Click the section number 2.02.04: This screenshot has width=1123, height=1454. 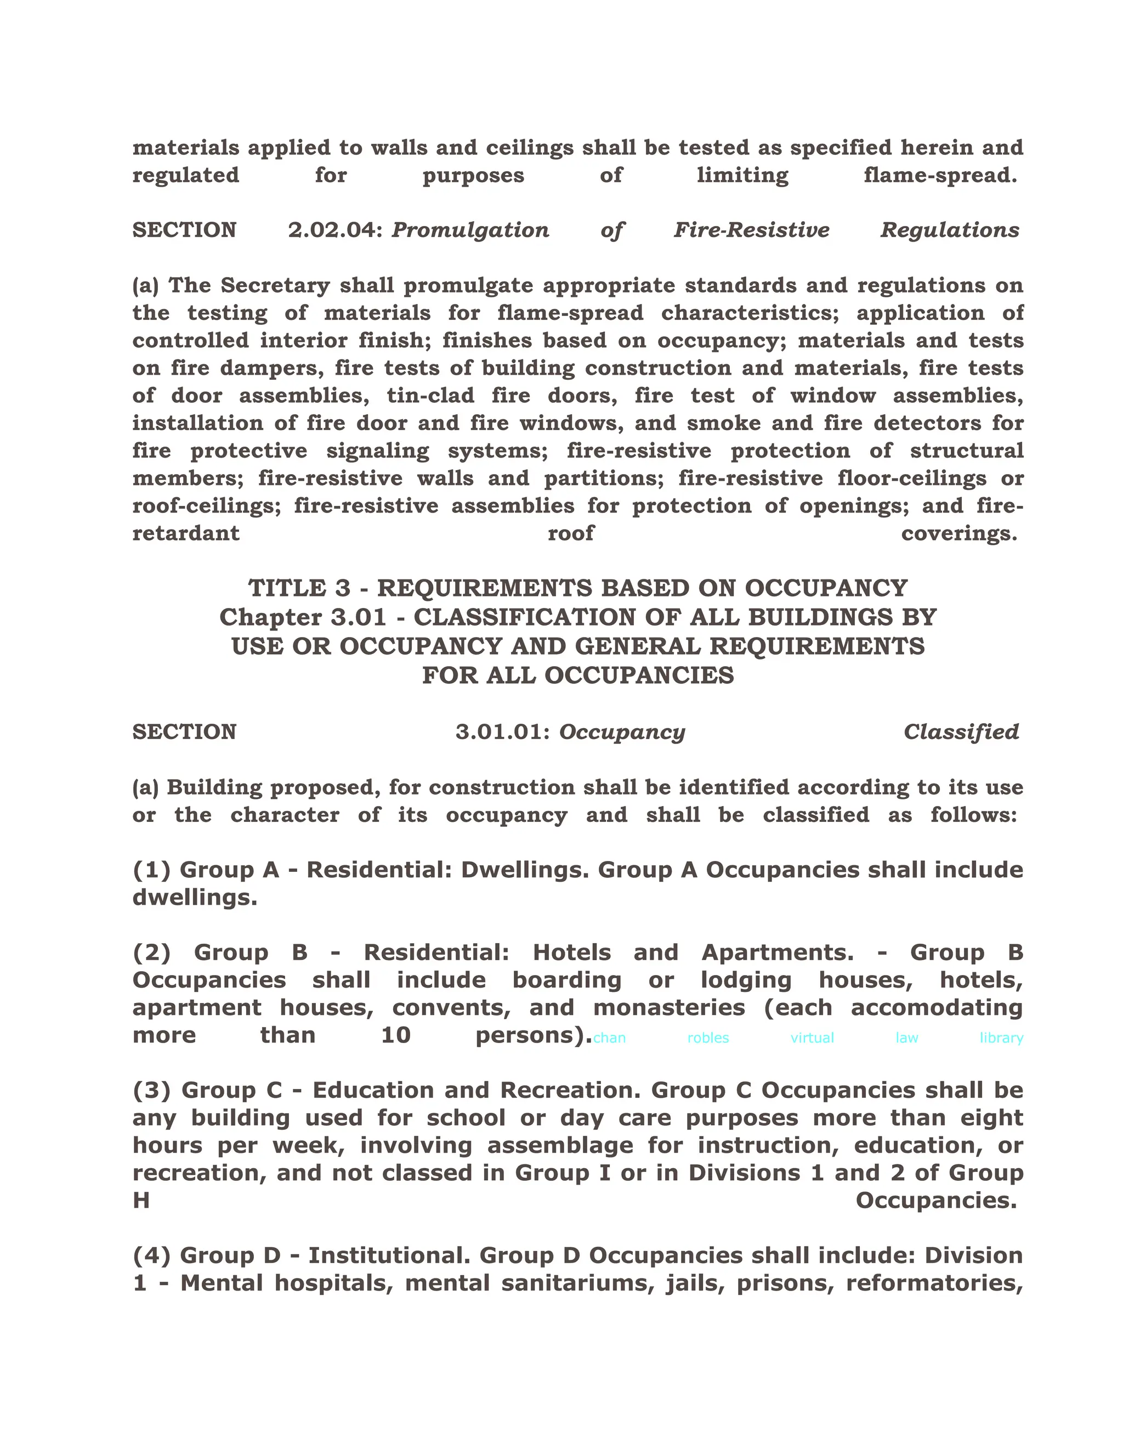tap(336, 230)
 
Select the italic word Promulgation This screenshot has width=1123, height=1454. tap(470, 230)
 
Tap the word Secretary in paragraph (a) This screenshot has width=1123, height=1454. tap(275, 286)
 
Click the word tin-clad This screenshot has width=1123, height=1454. tap(430, 396)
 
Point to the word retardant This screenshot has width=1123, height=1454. tap(186, 533)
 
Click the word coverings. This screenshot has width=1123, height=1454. tap(958, 533)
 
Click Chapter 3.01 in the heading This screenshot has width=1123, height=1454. tap(303, 618)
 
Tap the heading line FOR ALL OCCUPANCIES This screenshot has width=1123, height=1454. tap(577, 676)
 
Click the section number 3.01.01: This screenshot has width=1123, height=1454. tap(503, 732)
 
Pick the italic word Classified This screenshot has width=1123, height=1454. tap(961, 732)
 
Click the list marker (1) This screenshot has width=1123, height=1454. tap(152, 870)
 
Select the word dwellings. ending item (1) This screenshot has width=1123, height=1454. tap(194, 898)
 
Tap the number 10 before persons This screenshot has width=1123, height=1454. tap(396, 1035)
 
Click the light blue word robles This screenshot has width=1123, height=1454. tap(708, 1038)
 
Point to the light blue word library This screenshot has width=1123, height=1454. tap(1001, 1038)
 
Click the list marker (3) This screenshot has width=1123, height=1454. tap(152, 1091)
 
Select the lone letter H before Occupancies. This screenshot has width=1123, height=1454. tap(141, 1201)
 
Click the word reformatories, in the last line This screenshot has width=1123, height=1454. tap(934, 1283)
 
